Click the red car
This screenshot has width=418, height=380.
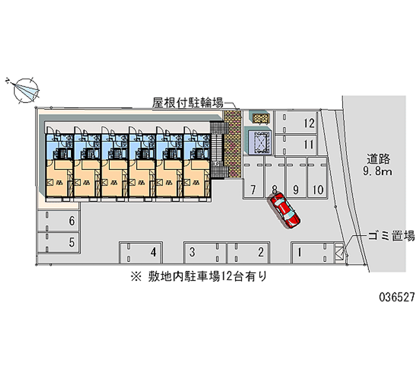pyautogui.click(x=285, y=210)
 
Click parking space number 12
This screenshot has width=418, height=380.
pyautogui.click(x=298, y=123)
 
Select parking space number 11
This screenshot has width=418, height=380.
pyautogui.click(x=298, y=144)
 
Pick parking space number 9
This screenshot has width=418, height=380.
pyautogui.click(x=296, y=180)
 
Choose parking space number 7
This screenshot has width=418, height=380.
pyautogui.click(x=253, y=180)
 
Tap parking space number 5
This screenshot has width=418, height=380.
pyautogui.click(x=59, y=242)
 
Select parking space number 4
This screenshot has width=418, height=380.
pyautogui.click(x=141, y=253)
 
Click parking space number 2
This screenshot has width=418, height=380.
pyautogui.click(x=249, y=253)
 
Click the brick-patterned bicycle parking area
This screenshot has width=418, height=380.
pyautogui.click(x=232, y=141)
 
